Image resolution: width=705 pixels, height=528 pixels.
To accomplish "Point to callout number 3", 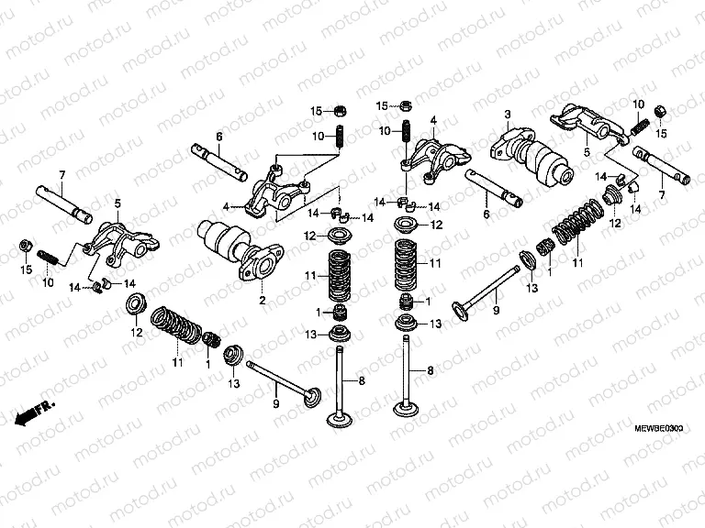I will [x=506, y=113].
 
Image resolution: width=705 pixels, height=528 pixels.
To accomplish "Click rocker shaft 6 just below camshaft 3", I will [x=493, y=188].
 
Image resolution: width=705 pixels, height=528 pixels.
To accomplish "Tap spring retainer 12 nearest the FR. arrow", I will [x=134, y=302].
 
